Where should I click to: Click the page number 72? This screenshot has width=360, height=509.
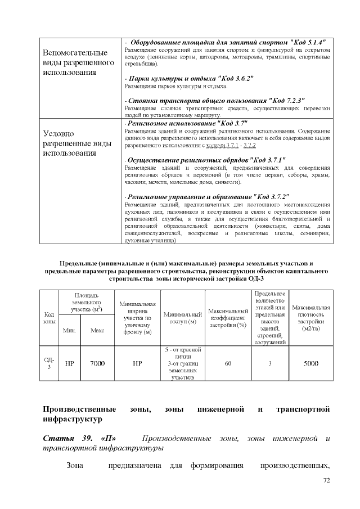click(326, 480)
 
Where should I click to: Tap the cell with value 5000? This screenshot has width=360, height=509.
click(311, 363)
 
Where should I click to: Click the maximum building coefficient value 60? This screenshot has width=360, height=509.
click(228, 363)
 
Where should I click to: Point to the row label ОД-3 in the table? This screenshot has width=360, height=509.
click(49, 363)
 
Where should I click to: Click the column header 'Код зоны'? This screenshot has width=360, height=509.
click(49, 317)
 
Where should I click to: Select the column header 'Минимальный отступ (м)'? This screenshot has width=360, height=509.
click(182, 317)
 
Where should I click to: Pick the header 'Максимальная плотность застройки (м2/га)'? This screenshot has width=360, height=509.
click(311, 317)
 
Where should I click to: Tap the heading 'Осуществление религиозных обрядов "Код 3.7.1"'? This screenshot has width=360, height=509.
click(197, 159)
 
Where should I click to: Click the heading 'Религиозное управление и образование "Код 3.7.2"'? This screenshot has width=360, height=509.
click(207, 197)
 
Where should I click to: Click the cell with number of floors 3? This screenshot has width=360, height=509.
click(270, 363)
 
